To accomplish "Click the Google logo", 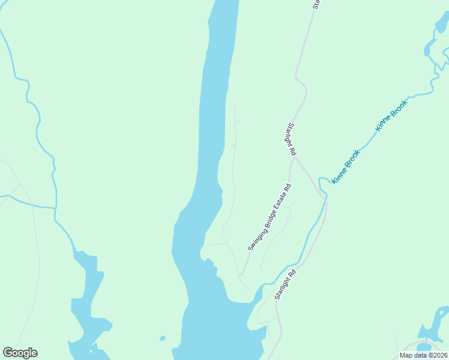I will coord(20,353).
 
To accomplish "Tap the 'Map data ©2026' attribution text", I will coord(423,355).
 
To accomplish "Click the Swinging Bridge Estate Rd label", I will coord(270,217).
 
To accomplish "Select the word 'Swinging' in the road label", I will coord(256,238).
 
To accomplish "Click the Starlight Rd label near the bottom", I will coord(285,284).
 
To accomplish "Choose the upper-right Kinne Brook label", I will coord(391,115).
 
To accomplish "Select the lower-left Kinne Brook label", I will coord(346,167).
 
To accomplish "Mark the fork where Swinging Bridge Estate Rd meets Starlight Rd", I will coord(294,158).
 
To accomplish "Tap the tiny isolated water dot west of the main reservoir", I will coord(162,338).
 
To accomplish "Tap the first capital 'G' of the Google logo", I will coord(7,353).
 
